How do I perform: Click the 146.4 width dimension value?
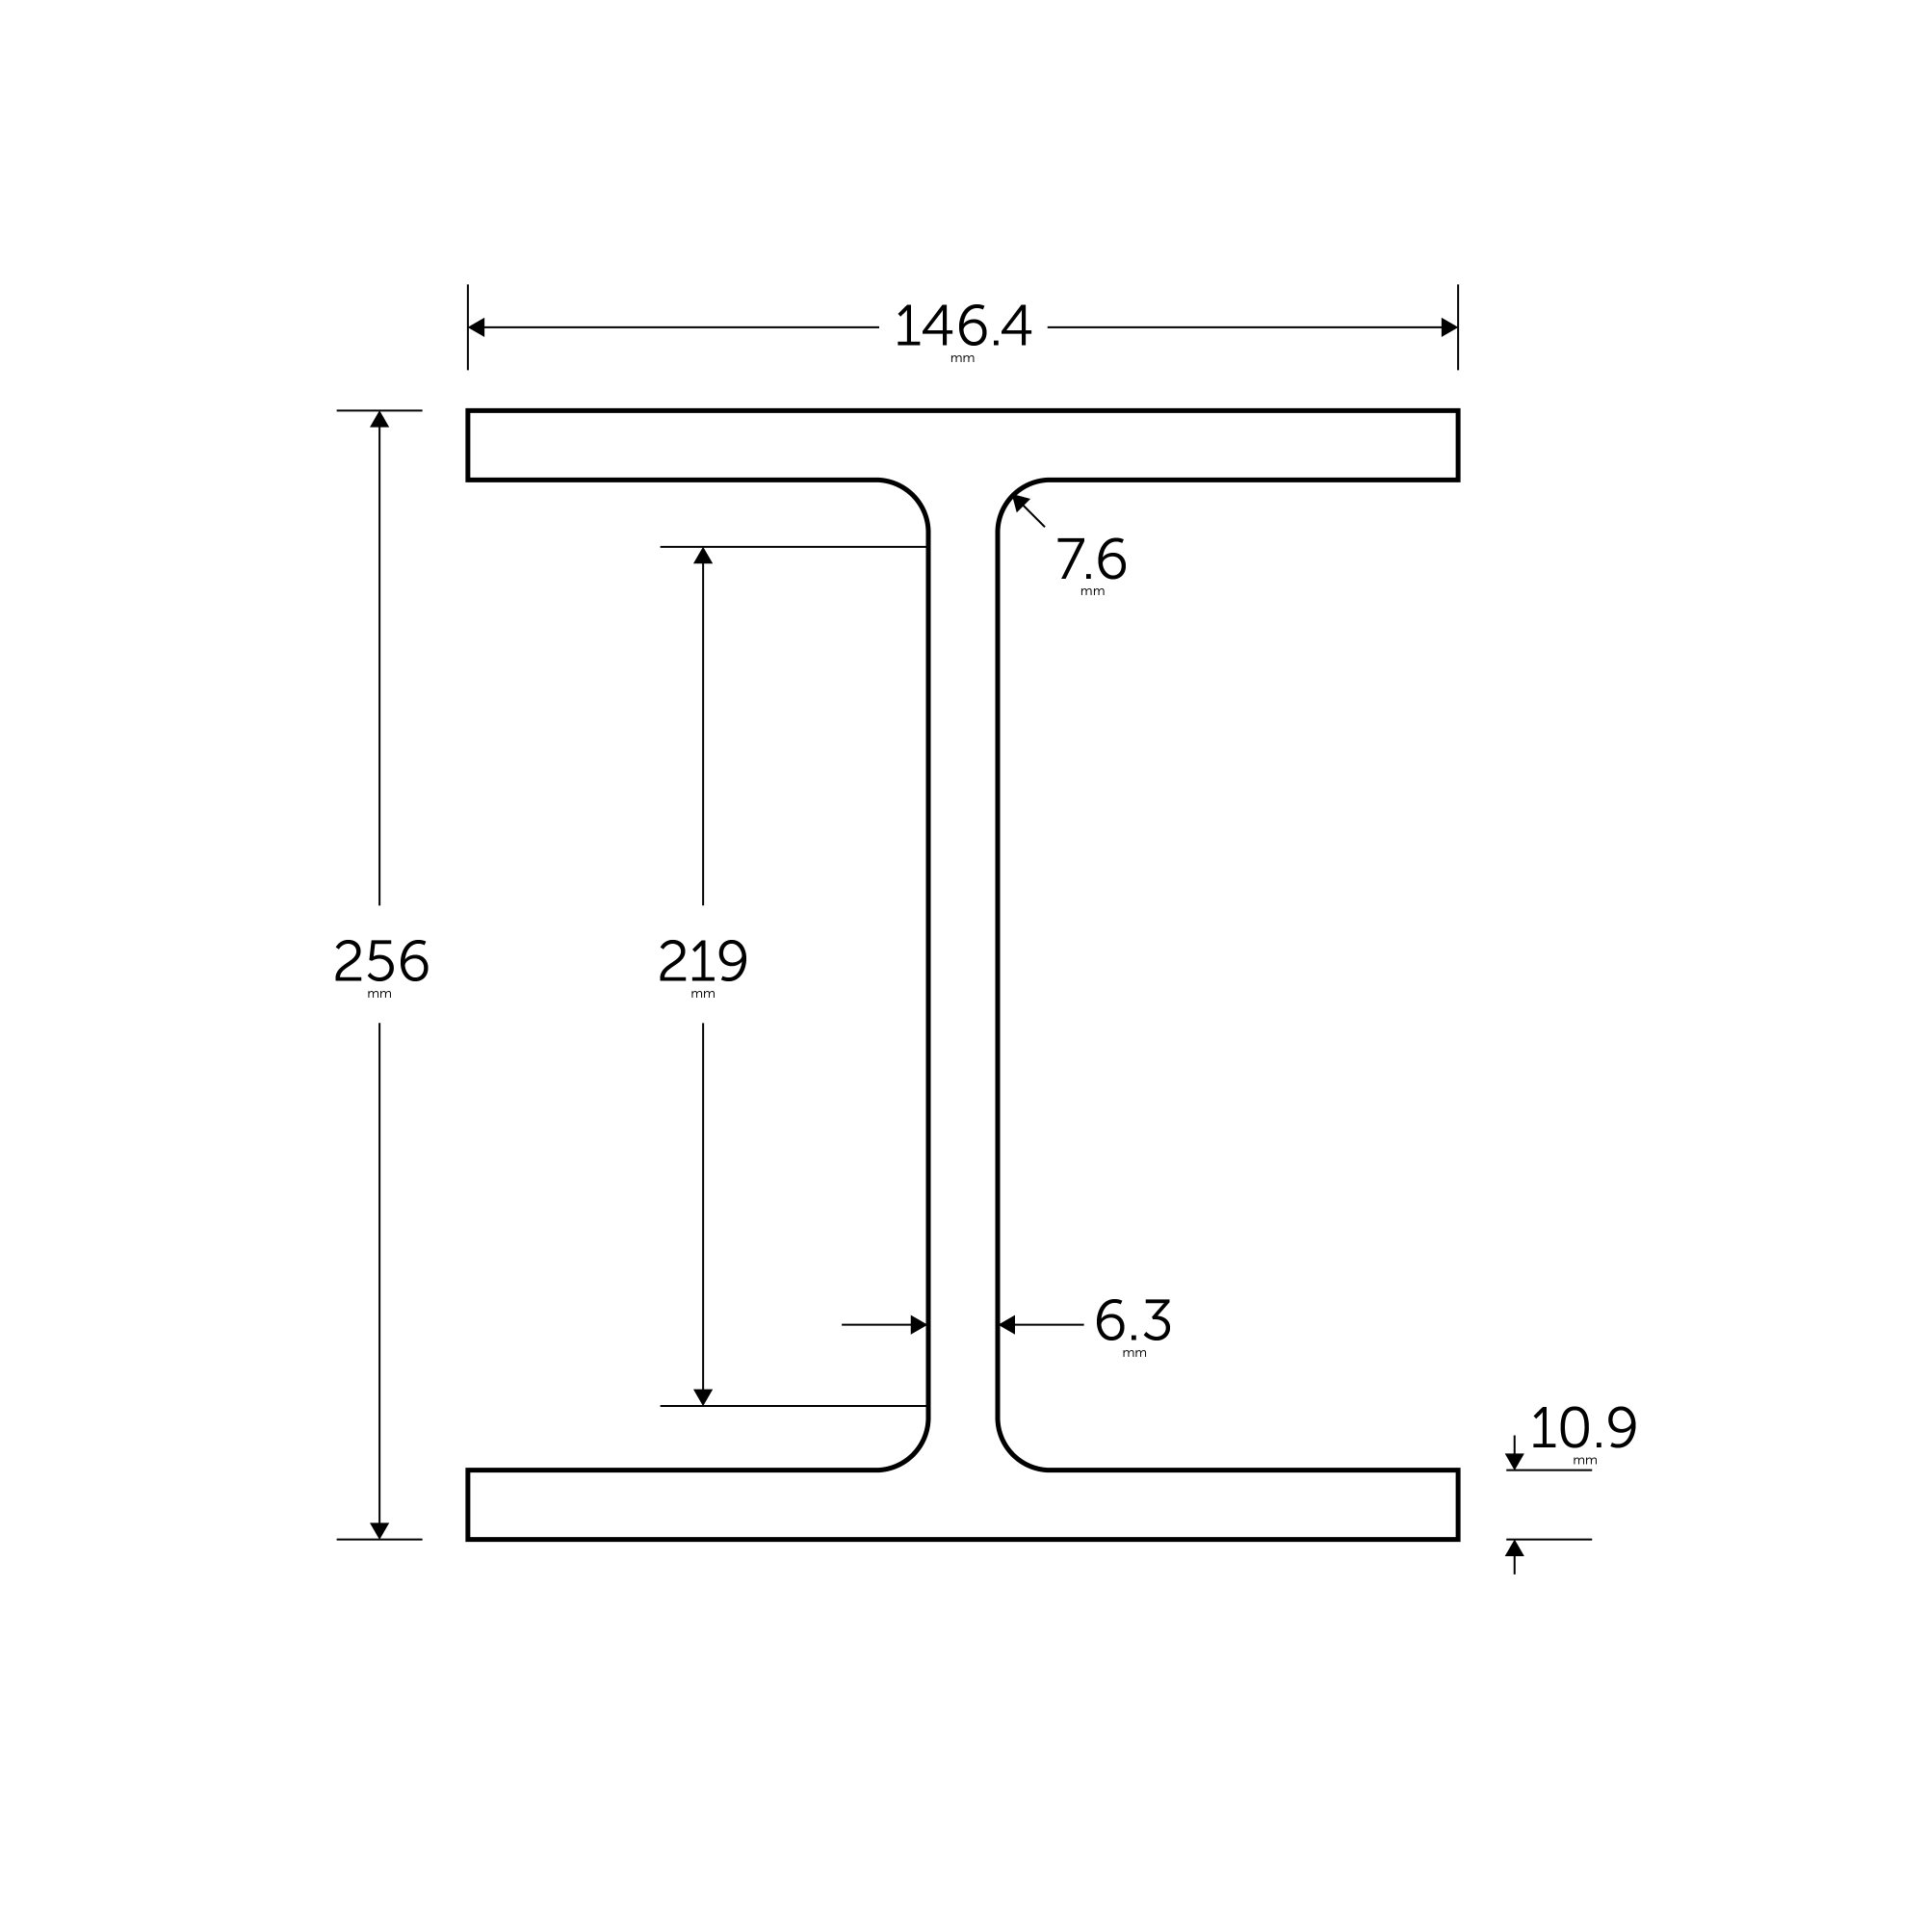coord(963,326)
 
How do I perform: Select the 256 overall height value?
coord(380,961)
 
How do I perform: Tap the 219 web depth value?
coord(703,961)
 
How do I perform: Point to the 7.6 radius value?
coord(1091,560)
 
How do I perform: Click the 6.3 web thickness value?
coord(1132,1322)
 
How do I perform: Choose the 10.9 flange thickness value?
coord(1583,1428)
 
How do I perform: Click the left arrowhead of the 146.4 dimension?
coord(477,327)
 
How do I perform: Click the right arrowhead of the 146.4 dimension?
coord(1449,327)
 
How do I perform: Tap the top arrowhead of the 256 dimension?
coord(379,420)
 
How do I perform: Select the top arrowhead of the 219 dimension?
coord(703,557)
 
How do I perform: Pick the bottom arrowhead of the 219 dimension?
coord(703,1396)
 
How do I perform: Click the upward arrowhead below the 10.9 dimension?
coord(1514,1549)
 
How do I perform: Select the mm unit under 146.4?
coord(962,359)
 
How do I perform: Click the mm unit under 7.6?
coord(1093,592)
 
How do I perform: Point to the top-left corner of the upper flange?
coord(469,411)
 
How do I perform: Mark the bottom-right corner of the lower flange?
coord(1457,1539)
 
